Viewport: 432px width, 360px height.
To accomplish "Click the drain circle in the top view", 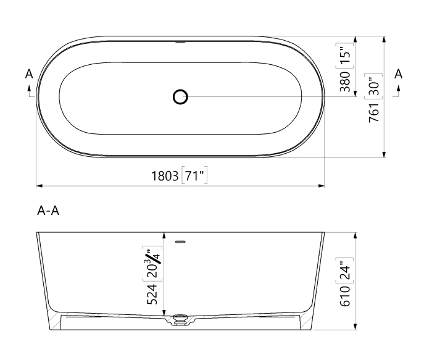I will click(x=180, y=97).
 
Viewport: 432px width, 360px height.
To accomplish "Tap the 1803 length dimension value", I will click(x=166, y=177).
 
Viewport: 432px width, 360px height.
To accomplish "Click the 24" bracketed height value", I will click(x=346, y=269).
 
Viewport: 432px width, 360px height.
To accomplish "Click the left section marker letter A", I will click(x=28, y=74).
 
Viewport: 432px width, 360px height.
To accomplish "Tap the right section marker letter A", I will click(x=398, y=73).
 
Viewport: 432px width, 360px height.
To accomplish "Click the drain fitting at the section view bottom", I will click(x=180, y=320).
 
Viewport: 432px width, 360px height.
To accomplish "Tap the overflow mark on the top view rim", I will click(x=180, y=43).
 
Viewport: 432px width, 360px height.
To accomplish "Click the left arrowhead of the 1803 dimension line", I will click(x=39, y=185).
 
